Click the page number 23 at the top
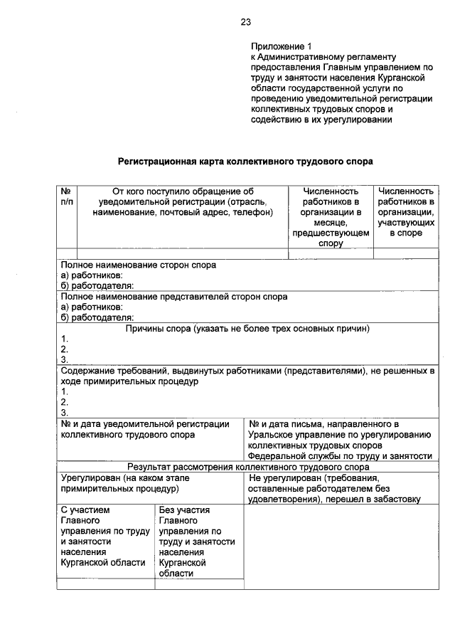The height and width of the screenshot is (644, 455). pos(245,22)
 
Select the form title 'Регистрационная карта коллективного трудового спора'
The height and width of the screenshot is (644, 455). pos(245,162)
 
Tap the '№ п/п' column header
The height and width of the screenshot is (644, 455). pos(66,196)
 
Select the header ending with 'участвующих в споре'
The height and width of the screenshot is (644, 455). pos(406,211)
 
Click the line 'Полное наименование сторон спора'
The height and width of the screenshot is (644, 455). pos(138,265)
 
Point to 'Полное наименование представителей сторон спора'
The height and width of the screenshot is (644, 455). pos(174,297)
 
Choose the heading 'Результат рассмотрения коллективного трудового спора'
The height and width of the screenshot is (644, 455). pos(248,468)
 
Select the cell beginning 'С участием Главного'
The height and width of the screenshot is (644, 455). pos(105,536)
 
